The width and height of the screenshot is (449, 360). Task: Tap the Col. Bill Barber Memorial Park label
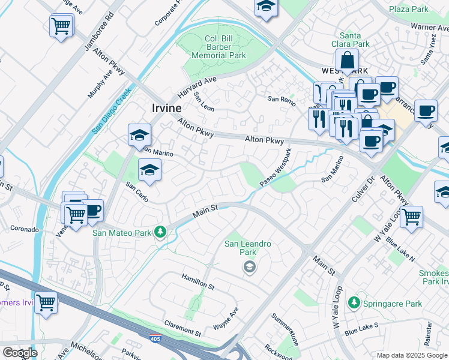click(218, 47)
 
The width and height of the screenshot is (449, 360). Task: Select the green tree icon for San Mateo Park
click(160, 231)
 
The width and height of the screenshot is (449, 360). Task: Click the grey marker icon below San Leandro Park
click(250, 268)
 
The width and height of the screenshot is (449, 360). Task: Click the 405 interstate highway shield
click(155, 339)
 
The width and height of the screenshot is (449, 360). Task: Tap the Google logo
click(19, 353)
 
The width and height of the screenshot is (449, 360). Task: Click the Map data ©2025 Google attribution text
click(412, 355)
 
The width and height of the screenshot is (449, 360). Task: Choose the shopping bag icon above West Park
click(347, 61)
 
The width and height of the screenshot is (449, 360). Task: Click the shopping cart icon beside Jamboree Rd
click(61, 26)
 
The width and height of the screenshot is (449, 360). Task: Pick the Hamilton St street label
click(197, 280)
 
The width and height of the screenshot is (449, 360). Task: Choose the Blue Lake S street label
click(361, 328)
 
